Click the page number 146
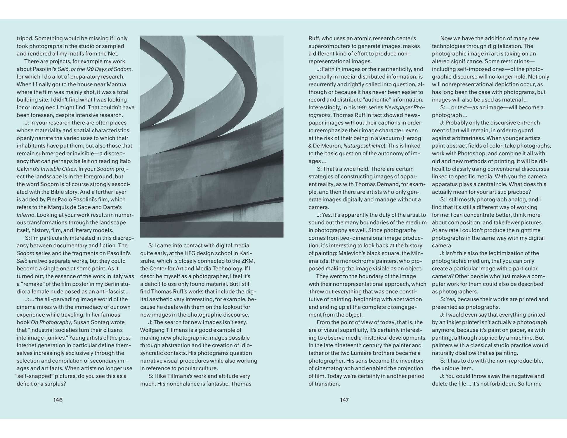tap(58, 400)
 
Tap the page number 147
tap(344, 400)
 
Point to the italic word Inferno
tap(26, 215)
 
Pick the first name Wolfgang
tap(152, 330)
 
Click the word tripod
tap(25, 38)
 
